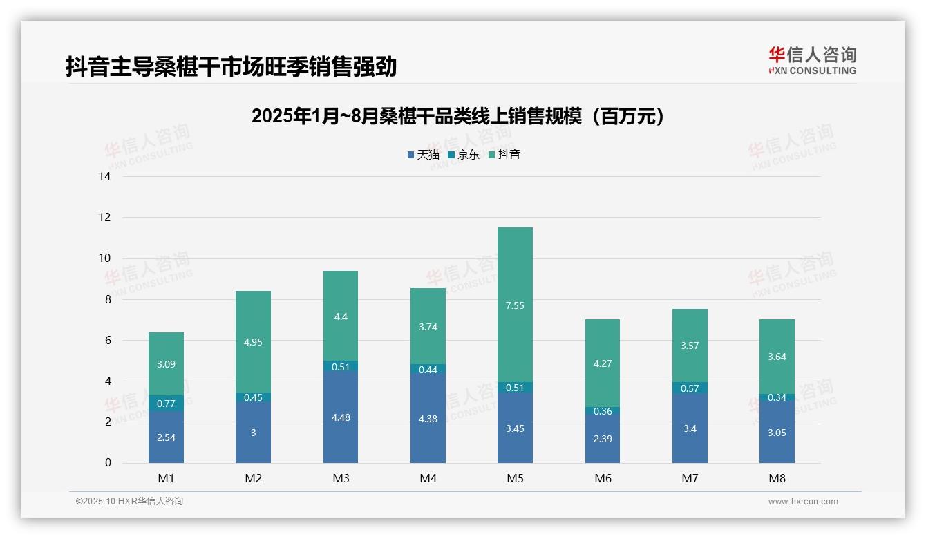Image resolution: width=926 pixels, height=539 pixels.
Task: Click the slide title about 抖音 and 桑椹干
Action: click(x=231, y=66)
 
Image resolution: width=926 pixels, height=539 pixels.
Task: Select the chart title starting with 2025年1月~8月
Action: click(x=458, y=116)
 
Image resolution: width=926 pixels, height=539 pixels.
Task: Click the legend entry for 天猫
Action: click(x=424, y=155)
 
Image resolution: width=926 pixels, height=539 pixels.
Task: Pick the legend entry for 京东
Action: click(x=464, y=155)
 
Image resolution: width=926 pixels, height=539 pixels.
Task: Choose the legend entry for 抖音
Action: click(x=504, y=155)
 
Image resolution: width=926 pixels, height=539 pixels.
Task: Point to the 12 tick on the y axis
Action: click(x=105, y=218)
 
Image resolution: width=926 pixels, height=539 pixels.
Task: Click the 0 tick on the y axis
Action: click(x=108, y=463)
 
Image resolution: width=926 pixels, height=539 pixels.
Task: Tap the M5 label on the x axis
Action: click(x=515, y=478)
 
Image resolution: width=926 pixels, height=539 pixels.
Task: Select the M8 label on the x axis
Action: click(x=777, y=478)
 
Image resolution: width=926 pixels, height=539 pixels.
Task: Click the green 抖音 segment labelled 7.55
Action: click(x=515, y=305)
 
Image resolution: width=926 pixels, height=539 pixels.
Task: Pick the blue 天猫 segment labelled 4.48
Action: click(x=341, y=417)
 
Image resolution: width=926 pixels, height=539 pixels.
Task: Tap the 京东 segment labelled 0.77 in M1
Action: click(x=166, y=403)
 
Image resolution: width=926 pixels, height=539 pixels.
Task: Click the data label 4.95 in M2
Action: click(x=253, y=342)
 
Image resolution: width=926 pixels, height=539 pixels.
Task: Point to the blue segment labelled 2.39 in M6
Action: click(x=602, y=438)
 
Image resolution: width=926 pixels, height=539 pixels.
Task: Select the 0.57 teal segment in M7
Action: click(x=690, y=388)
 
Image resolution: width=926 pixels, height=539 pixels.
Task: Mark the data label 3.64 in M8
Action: click(x=777, y=357)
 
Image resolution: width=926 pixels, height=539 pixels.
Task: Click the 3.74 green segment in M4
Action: click(x=428, y=326)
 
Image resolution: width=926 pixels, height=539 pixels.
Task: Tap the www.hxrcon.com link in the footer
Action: click(x=803, y=502)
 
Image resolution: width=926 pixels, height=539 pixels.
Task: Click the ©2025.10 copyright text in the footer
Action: click(x=129, y=502)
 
